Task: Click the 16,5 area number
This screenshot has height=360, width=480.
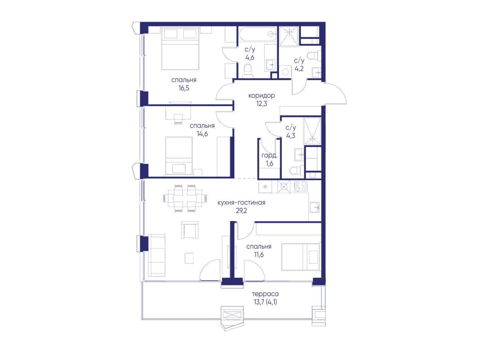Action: (x=184, y=88)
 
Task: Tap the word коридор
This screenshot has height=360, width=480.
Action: (x=261, y=96)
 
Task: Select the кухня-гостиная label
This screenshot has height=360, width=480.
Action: (x=241, y=202)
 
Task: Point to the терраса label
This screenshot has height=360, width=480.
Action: (x=265, y=294)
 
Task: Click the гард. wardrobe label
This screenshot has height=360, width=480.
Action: (x=269, y=156)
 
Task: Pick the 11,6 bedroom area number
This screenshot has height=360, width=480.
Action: (x=258, y=255)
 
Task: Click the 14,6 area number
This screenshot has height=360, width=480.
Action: (x=202, y=134)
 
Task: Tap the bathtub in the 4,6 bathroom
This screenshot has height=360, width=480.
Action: (x=257, y=34)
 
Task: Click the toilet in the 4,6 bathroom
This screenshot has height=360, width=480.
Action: (x=248, y=70)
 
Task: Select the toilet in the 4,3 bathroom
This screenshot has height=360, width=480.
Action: (x=297, y=170)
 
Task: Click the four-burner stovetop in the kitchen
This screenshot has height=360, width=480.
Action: (x=300, y=187)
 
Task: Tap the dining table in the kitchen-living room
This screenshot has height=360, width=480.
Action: (x=184, y=198)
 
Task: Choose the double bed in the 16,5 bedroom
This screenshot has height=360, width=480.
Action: (x=180, y=48)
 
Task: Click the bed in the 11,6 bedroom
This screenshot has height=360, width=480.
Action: (x=300, y=257)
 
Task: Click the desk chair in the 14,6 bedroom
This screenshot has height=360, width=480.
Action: (x=178, y=119)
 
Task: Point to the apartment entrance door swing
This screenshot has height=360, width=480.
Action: (x=335, y=93)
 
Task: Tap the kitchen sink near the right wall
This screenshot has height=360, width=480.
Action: (x=315, y=207)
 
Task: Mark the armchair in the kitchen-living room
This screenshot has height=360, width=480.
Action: (x=190, y=230)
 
